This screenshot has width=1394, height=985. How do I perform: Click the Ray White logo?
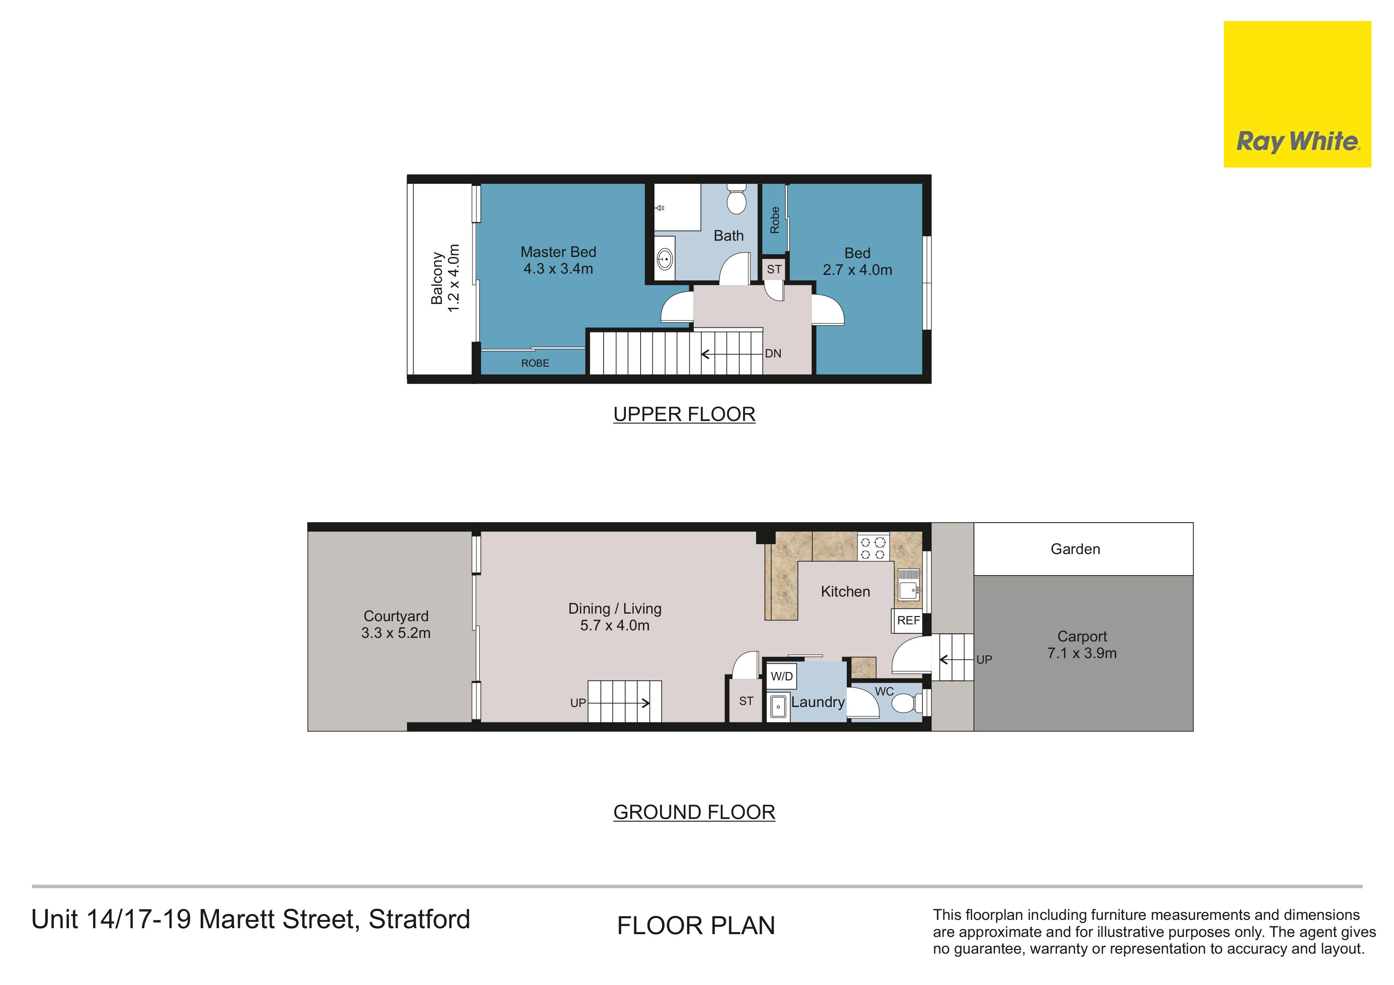point(1297,94)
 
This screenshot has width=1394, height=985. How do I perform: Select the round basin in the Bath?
point(665,260)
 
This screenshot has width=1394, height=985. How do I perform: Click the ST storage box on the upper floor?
point(774,269)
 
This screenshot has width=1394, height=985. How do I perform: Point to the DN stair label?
point(773,353)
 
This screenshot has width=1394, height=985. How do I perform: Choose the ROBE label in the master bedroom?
point(535,363)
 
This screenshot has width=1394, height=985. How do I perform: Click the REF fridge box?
point(908,620)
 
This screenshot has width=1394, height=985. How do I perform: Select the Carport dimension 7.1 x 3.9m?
point(1082,653)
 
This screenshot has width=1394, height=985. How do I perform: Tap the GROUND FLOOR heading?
point(694,812)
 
